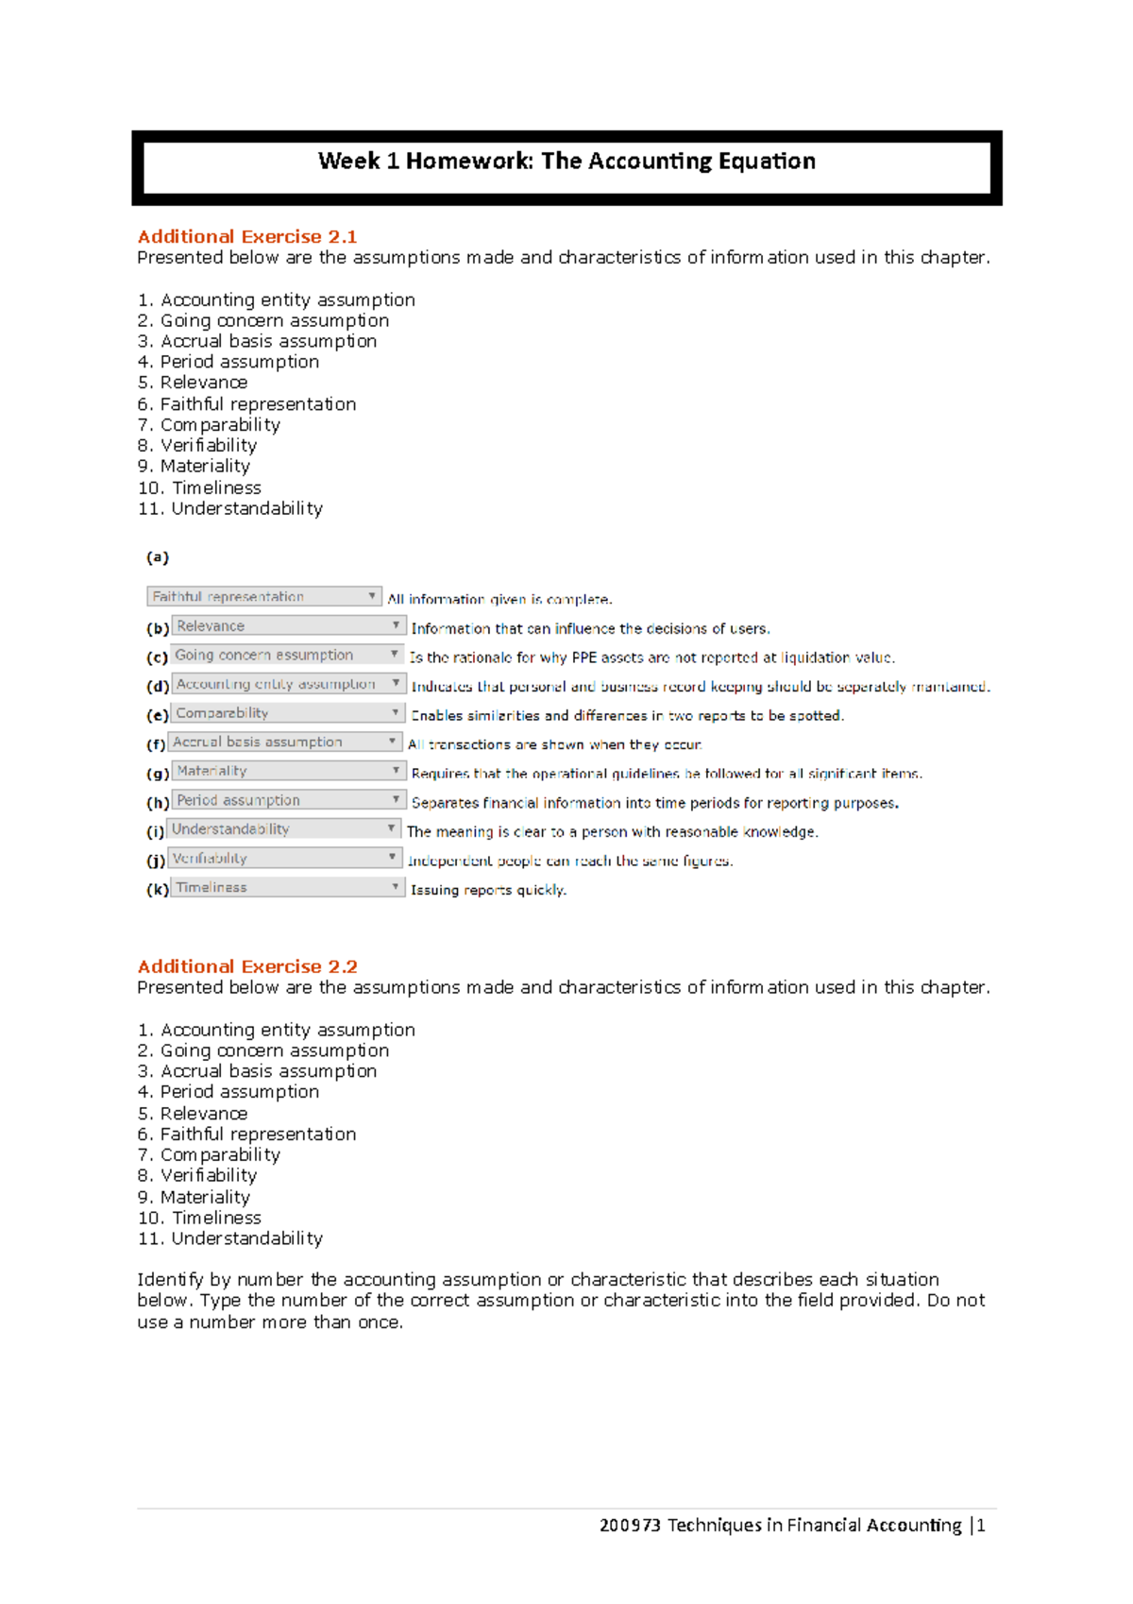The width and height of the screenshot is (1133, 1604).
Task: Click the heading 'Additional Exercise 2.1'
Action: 246,236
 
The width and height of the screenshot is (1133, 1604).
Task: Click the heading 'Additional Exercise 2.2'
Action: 246,966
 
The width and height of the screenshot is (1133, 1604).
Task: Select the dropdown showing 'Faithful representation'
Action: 263,597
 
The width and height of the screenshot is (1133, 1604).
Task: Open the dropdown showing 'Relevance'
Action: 288,626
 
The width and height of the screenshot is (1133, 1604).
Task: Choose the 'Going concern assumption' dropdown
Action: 287,656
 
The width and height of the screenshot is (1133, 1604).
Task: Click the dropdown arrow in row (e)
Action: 396,712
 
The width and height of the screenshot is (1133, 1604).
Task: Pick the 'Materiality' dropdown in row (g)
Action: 288,771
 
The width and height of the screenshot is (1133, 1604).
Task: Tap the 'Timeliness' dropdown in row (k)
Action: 287,888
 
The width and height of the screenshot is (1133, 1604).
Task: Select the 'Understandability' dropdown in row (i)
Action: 284,829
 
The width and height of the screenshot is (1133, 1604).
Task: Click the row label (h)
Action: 157,802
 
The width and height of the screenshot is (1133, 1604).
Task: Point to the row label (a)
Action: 157,557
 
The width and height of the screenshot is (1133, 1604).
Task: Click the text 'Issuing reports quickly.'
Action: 488,890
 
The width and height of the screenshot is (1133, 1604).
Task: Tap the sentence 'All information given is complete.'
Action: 499,599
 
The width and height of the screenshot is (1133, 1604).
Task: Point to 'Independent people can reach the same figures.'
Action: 569,861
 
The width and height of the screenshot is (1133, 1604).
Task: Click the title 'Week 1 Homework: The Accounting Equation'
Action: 566,162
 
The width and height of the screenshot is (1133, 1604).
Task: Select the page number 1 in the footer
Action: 981,1525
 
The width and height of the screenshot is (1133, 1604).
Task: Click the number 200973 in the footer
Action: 629,1525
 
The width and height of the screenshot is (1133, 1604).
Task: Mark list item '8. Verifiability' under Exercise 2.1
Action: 196,445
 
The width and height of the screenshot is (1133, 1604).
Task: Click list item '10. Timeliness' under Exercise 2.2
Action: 199,1218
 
